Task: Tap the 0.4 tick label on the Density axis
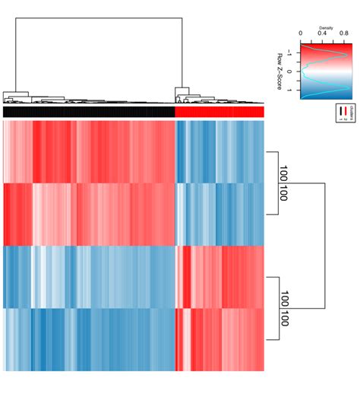[322, 33]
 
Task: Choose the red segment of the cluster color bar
[219, 112]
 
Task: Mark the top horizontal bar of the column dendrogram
[99, 17]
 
